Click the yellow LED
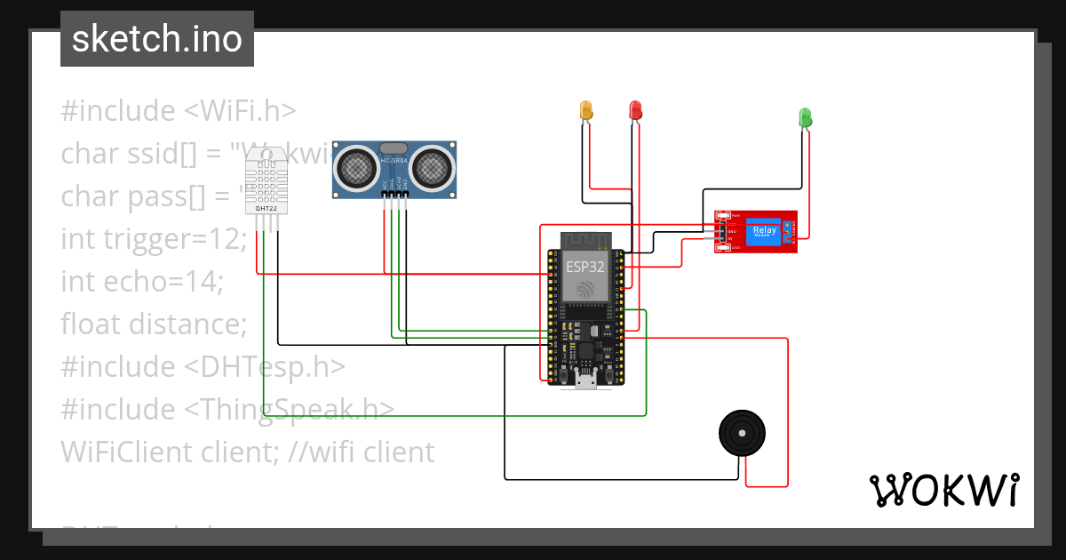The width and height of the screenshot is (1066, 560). point(586,110)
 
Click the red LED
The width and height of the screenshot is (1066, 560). point(635,110)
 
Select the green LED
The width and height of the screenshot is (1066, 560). point(805,117)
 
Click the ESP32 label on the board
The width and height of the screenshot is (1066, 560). point(585,264)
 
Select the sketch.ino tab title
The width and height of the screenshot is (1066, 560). point(157,39)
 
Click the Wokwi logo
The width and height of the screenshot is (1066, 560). point(943,490)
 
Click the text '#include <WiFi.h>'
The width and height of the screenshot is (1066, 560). point(178,111)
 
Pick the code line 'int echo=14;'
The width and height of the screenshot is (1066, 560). point(142,282)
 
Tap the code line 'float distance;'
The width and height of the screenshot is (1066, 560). point(154,324)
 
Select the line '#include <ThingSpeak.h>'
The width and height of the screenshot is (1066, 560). point(227,410)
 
